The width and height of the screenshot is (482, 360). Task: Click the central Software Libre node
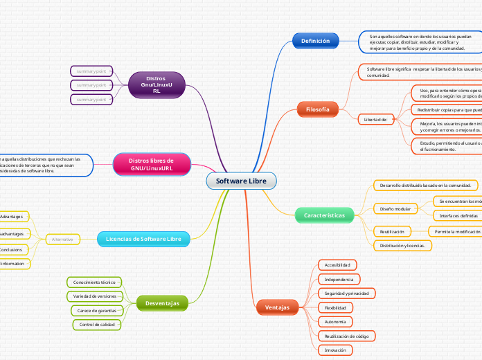pos(241,181)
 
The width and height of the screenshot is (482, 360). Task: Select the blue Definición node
pos(315,42)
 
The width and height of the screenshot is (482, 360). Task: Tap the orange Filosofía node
pos(317,109)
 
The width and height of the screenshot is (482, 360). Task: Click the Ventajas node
pos(277,306)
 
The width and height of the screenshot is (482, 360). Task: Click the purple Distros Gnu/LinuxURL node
pos(157,84)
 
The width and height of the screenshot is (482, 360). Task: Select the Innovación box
pos(336,350)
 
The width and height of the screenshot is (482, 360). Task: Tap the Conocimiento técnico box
pos(94,282)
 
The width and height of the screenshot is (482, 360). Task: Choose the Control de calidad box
pos(96,324)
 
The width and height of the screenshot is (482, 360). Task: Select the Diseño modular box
pos(395,208)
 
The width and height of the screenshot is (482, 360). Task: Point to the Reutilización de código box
pos(346,336)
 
